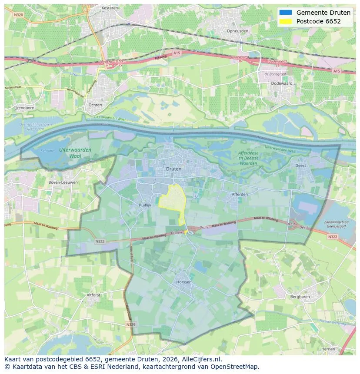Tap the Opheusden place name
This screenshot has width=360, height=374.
pyautogui.click(x=238, y=31)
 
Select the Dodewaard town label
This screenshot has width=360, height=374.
pyautogui.click(x=281, y=83)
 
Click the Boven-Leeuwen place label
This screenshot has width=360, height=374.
pyautogui.click(x=63, y=182)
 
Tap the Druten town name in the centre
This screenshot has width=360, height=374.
pyautogui.click(x=173, y=169)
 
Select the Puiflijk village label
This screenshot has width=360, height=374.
pyautogui.click(x=145, y=205)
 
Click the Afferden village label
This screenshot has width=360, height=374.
pyautogui.click(x=240, y=194)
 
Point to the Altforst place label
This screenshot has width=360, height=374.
pyautogui.click(x=93, y=295)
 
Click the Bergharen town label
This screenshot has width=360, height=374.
pyautogui.click(x=300, y=297)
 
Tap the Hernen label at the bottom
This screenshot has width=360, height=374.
pyautogui.click(x=328, y=349)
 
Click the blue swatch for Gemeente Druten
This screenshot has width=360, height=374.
pyautogui.click(x=286, y=13)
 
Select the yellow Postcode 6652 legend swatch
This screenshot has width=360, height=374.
pyautogui.click(x=286, y=21)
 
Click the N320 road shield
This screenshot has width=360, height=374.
pyautogui.click(x=18, y=14)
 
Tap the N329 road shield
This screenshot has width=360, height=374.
pyautogui.click(x=131, y=324)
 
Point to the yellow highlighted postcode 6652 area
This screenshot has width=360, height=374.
pyautogui.click(x=172, y=201)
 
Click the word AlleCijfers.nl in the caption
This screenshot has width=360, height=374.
pyautogui.click(x=202, y=359)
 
